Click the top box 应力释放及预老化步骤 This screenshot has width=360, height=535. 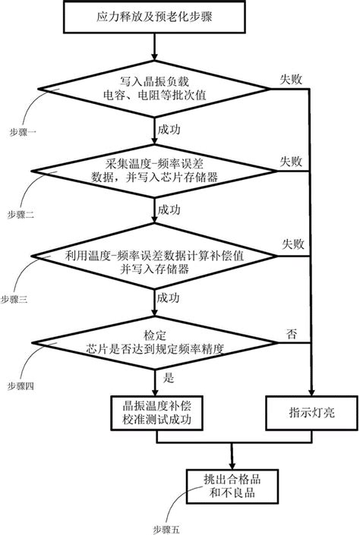pos(154,17)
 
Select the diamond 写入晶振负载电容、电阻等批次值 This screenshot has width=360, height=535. pos(154,89)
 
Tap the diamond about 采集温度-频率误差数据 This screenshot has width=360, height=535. pos(154,171)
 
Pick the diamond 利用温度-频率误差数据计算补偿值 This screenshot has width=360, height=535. pos(154,256)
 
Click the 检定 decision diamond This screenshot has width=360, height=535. pos(154,342)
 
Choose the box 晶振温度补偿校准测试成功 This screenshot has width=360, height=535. pos(156,413)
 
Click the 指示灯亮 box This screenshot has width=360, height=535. pos(311,413)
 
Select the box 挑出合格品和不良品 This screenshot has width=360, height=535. pos(232,486)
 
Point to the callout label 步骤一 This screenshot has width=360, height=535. pos(23,132)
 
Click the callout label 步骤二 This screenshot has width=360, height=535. pos(21,215)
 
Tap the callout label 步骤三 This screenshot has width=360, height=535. pos(14,300)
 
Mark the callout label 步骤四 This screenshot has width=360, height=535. pos(21,386)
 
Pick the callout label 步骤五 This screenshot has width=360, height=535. pos(166,530)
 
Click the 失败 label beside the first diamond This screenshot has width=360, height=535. pos(291,80)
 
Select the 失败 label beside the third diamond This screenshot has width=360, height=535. pos(293,244)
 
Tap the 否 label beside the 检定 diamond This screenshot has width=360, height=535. pos(292,334)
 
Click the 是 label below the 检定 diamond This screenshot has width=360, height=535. pos(169,378)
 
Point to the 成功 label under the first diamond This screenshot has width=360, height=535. pos(169,130)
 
